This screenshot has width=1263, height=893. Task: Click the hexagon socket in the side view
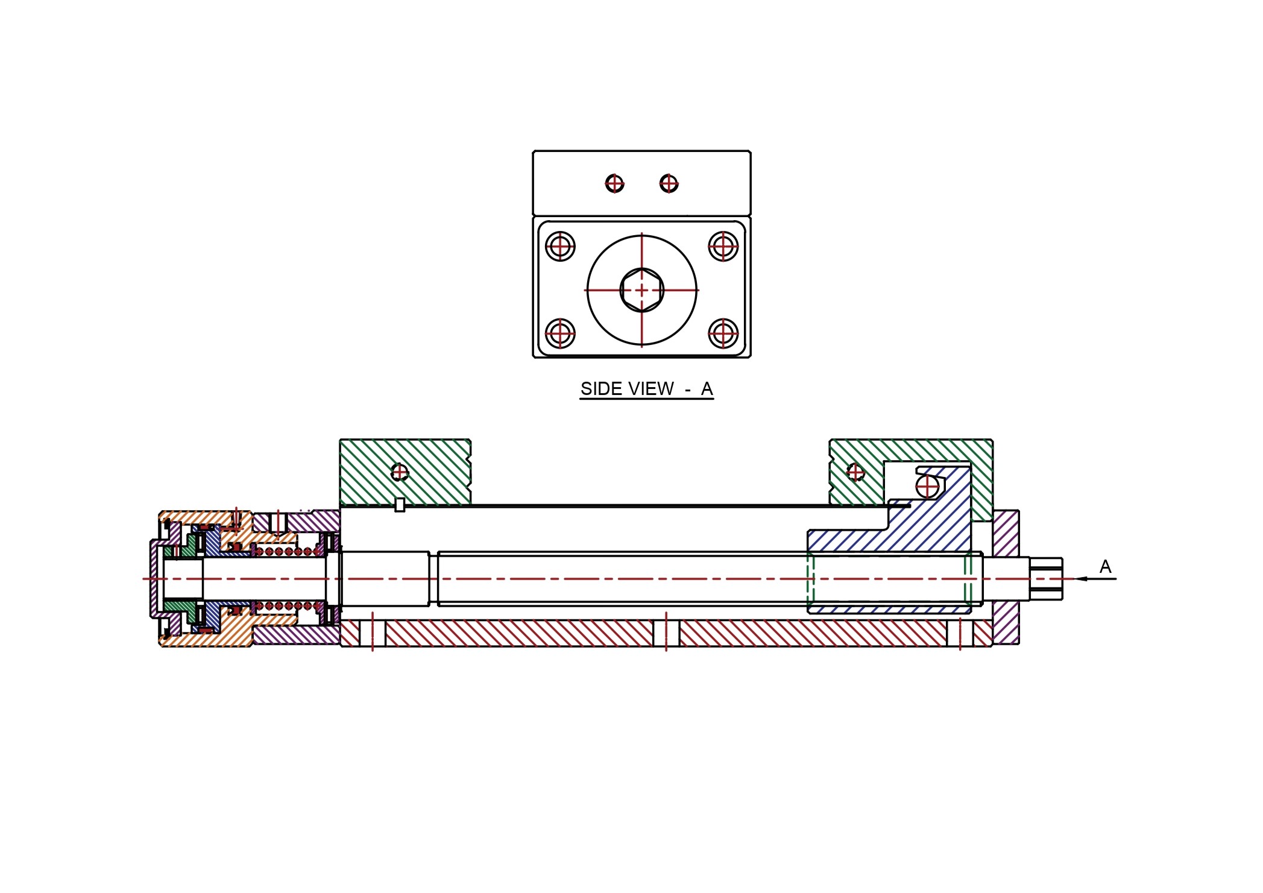[x=641, y=290]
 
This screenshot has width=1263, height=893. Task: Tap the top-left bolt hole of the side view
[x=560, y=246]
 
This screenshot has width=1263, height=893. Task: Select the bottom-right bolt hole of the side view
[x=723, y=333]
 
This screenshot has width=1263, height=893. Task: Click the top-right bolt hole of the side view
[x=723, y=246]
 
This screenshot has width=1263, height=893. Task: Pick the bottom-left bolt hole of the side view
[x=560, y=333]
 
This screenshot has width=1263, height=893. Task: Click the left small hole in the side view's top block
[x=614, y=183]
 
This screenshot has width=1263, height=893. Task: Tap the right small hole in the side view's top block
[x=669, y=183]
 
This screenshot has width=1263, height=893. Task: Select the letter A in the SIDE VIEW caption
[x=707, y=389]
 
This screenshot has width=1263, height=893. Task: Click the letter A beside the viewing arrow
[x=1105, y=566]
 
